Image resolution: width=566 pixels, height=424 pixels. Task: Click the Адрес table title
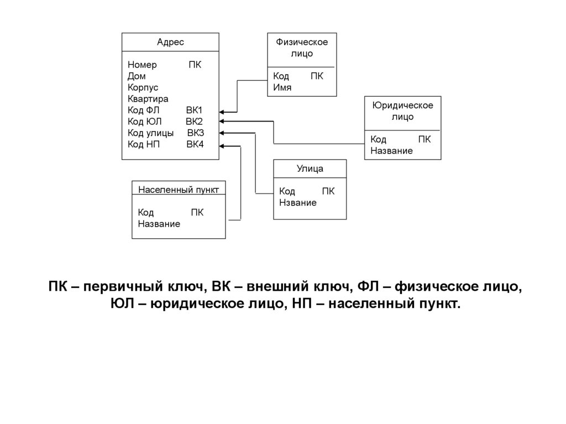[x=170, y=42]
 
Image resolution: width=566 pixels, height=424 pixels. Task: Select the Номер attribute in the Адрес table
[x=142, y=65]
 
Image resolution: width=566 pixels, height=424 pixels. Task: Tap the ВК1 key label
[x=195, y=110]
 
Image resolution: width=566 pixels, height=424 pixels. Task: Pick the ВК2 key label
[x=195, y=121]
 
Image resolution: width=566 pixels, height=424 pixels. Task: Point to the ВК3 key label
[x=195, y=133]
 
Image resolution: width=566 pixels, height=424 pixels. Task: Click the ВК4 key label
[x=195, y=144]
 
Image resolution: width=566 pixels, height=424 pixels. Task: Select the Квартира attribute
[x=148, y=98]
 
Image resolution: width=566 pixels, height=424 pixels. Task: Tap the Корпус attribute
[x=143, y=87]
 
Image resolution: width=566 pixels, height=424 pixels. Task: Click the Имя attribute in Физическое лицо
[x=282, y=87]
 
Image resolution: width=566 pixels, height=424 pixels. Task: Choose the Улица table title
[x=310, y=169]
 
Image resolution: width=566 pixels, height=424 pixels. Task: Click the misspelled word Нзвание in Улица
[x=298, y=202]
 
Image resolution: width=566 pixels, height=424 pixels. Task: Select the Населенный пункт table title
[x=179, y=189]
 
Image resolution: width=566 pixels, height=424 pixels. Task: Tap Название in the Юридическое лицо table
[x=391, y=150]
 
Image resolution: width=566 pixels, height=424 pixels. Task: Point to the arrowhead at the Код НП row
[x=222, y=146]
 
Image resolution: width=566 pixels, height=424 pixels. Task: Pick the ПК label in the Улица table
[x=328, y=191]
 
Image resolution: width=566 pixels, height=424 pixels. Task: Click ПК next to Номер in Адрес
[x=195, y=65]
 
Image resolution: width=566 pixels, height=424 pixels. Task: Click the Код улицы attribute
[x=150, y=133]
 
